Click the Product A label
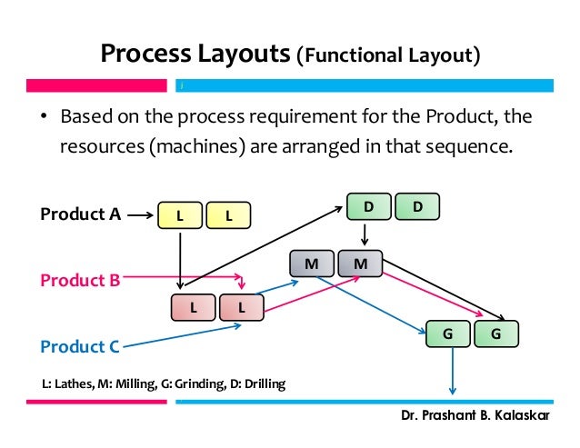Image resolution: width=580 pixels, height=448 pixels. click(80, 214)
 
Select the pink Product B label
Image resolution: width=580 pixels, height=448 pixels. click(80, 281)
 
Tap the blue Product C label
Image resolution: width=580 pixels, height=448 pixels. click(80, 346)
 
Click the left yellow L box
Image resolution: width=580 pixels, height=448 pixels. click(179, 215)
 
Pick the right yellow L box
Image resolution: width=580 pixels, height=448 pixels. click(227, 215)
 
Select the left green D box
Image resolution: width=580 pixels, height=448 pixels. click(367, 207)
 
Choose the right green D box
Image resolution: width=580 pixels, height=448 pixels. click(416, 207)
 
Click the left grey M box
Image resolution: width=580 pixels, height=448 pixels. click(312, 264)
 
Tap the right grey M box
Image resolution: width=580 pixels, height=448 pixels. click(360, 264)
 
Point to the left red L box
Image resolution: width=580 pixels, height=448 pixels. click(194, 307)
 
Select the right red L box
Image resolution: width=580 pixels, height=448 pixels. click(242, 307)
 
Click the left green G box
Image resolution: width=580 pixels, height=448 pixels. click(447, 334)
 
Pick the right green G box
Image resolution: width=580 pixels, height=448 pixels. click(495, 334)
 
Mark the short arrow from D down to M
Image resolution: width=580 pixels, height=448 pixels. click(365, 234)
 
